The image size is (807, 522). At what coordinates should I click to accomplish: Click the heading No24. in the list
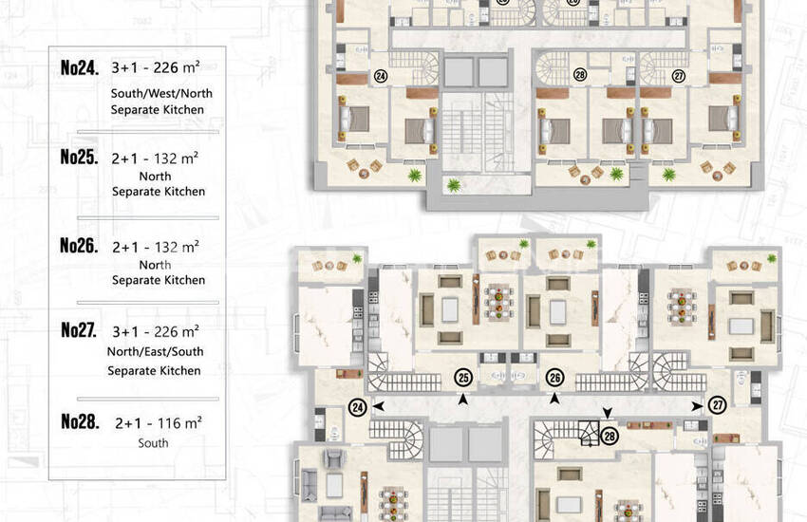79,68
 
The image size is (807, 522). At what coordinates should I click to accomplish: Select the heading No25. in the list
79,157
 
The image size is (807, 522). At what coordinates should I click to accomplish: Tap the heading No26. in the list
79,245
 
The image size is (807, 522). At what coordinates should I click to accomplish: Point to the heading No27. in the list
79,329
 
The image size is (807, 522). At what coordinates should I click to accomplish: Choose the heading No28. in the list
80,421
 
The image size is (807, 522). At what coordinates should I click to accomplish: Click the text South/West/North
161,94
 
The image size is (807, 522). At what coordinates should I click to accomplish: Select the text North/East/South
156,352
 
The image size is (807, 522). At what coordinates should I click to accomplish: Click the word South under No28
153,443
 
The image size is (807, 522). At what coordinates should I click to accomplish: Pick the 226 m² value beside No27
176,331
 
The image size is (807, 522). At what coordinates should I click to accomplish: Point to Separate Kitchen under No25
159,192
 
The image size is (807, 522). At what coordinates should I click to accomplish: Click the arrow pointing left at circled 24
378,406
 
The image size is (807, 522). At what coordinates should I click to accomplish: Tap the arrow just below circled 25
463,399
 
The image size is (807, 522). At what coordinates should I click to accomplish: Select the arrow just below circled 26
554,398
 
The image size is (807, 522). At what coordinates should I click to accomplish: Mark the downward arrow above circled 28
608,413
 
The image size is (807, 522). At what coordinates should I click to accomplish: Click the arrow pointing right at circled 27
698,406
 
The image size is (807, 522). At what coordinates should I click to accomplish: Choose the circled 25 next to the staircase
463,378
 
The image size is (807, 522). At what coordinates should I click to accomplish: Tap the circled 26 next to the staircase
554,378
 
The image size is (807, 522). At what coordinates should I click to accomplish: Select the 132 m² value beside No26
176,247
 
